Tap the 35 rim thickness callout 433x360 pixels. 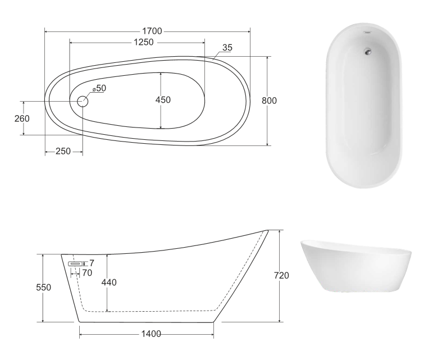pos(227,48)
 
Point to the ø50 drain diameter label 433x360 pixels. pos(99,89)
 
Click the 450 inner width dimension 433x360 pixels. pos(163,100)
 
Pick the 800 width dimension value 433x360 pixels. pos(270,101)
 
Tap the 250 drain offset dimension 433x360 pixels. pos(63,152)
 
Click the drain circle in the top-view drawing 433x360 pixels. pos(83,102)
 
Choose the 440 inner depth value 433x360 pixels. pos(109,282)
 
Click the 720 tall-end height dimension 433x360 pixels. pos(281,276)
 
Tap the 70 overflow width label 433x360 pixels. pos(87,274)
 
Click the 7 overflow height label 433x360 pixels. pos(92,263)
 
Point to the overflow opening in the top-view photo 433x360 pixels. pos(367,31)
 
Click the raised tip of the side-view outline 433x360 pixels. pos(267,230)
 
